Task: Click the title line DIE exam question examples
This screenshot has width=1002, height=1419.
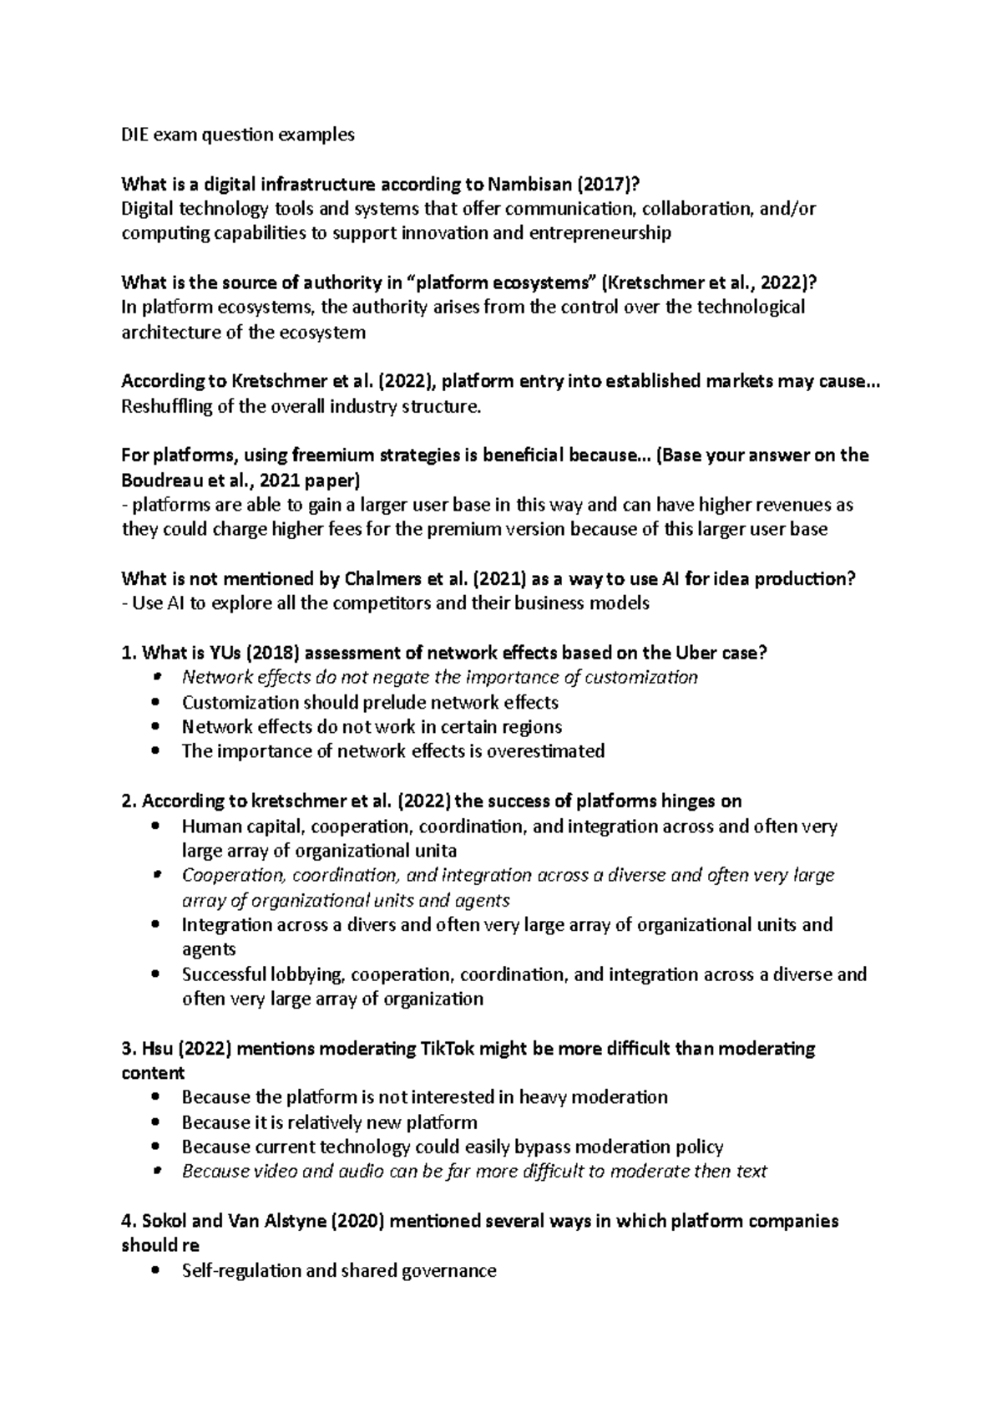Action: [238, 135]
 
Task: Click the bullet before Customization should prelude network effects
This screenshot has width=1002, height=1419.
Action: [156, 703]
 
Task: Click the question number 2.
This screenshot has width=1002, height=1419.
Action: [127, 801]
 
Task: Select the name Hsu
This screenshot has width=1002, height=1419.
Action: [156, 1048]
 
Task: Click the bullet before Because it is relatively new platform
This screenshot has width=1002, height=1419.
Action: [156, 1122]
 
